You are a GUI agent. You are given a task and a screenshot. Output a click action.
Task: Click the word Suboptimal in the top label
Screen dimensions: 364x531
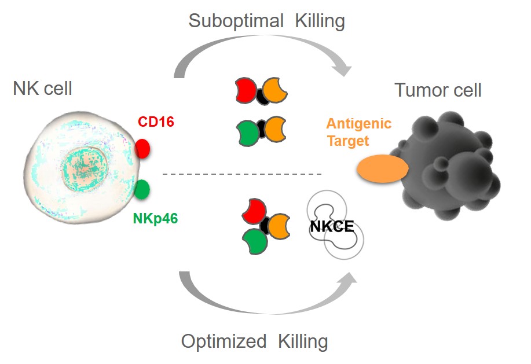[236, 21]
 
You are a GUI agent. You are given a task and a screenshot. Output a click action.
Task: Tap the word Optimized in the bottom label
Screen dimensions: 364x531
[224, 341]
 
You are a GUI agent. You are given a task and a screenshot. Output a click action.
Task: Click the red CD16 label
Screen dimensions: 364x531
[156, 122]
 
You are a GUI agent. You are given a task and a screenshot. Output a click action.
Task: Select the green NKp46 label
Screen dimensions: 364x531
[153, 218]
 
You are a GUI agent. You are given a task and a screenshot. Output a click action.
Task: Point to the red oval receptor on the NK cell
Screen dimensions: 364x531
[143, 149]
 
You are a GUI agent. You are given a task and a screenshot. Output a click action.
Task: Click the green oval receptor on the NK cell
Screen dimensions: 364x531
[142, 189]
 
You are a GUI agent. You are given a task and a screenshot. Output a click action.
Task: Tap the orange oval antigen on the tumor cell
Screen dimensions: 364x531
[382, 168]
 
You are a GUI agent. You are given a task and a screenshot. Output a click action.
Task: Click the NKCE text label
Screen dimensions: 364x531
[331, 227]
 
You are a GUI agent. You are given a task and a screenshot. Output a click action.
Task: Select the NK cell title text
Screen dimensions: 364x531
[43, 89]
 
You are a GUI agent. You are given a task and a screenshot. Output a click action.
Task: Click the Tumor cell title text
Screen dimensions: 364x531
[438, 90]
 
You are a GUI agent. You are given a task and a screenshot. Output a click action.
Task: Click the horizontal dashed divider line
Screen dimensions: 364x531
[241, 174]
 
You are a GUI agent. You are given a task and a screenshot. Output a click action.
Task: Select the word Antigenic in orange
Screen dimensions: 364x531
[358, 123]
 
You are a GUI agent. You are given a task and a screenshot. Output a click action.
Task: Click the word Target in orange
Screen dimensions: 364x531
[347, 140]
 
